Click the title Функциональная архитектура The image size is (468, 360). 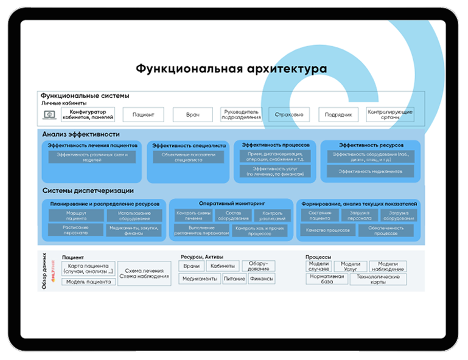pos(231,69)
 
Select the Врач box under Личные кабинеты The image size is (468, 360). pos(192,114)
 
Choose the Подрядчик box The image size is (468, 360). pos(338,114)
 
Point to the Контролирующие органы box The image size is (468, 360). pos(390,114)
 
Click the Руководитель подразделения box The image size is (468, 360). pos(242,114)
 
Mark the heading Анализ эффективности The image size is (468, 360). pos(81,134)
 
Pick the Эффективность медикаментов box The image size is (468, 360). pos(371,171)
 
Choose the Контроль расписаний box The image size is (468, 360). pos(268,215)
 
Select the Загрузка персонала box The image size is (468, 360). pos(359,215)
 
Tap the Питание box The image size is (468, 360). pos(234,279)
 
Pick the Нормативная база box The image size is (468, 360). pos(327,279)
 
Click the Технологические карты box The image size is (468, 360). pos(378,279)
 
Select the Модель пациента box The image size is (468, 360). pos(88,282)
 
